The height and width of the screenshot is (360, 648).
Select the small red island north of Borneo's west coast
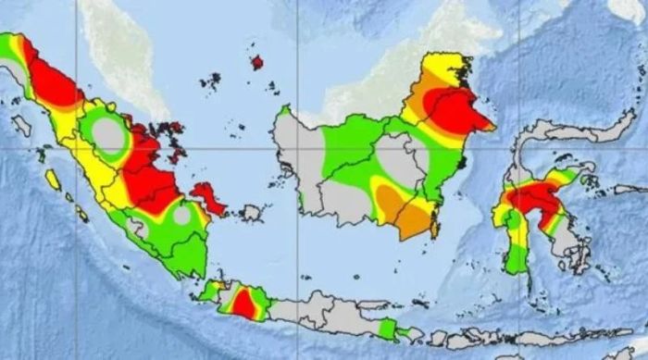257,62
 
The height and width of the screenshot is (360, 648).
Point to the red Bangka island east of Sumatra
209,197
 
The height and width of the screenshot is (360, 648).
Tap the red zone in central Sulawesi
532,200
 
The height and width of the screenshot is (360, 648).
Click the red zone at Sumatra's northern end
51,83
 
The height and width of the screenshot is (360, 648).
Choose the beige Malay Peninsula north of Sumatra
120,46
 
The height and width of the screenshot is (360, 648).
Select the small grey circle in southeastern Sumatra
182,216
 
